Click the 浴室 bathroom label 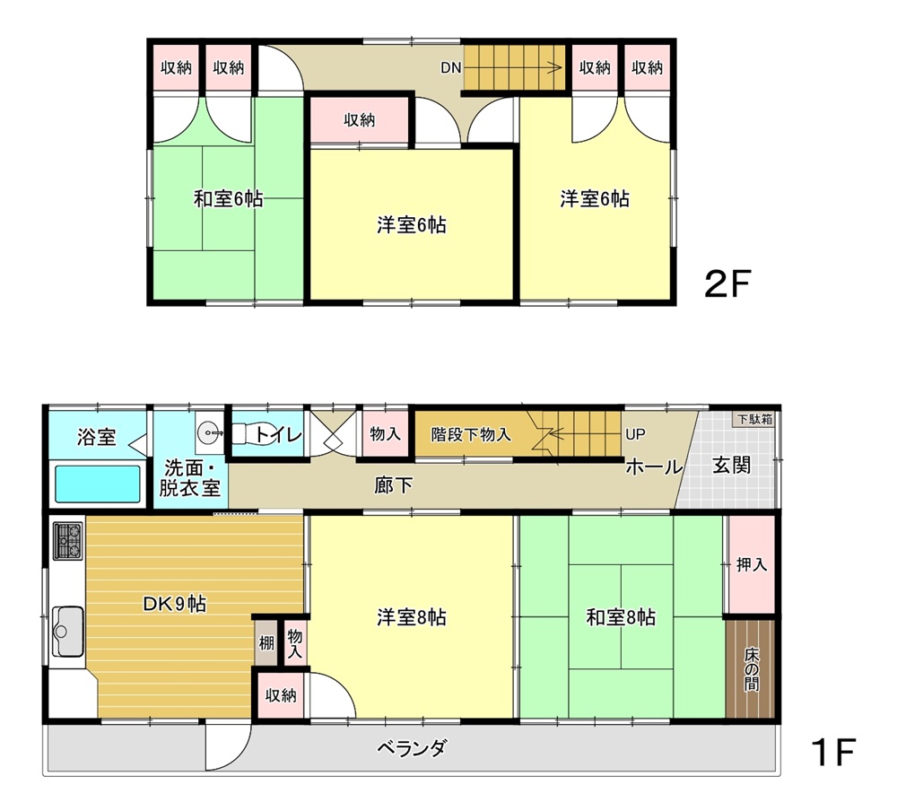(x=97, y=437)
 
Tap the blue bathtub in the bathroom (x=98, y=484)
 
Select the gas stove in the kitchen (x=68, y=540)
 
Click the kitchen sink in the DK (x=67, y=632)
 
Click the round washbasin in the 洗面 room (x=207, y=432)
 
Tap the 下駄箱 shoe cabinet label (x=755, y=419)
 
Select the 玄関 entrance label (x=732, y=465)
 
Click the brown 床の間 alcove (x=751, y=668)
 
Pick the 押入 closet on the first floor (x=751, y=565)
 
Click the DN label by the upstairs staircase (x=451, y=67)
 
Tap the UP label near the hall (x=636, y=434)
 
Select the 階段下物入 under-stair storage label (x=471, y=434)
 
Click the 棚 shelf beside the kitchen (x=266, y=642)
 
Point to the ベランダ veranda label (x=412, y=747)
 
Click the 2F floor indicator (x=727, y=283)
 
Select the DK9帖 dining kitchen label (x=175, y=604)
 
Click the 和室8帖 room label (x=622, y=617)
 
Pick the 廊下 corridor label (x=394, y=485)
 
